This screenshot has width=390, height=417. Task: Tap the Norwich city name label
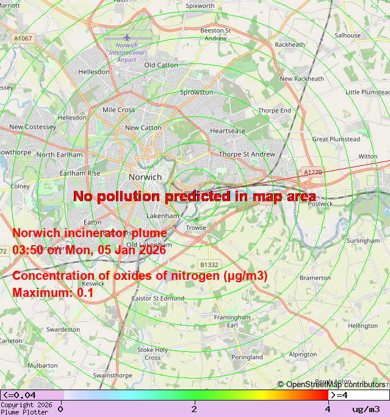(145, 177)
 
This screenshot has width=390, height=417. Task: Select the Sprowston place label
(197, 93)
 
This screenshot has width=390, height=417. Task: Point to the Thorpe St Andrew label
(247, 154)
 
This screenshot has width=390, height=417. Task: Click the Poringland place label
(247, 357)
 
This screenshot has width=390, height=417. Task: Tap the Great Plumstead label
(336, 139)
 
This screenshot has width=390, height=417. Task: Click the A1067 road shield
(23, 38)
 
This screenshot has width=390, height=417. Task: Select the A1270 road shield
(312, 173)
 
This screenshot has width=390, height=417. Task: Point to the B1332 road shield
(209, 265)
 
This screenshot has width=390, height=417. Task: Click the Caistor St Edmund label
(157, 298)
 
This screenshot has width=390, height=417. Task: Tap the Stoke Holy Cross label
(153, 354)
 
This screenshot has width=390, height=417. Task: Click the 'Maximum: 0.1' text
(53, 292)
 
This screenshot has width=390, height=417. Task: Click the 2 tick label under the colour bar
(194, 408)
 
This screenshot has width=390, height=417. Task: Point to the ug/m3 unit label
(366, 409)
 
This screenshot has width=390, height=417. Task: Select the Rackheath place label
(289, 45)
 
